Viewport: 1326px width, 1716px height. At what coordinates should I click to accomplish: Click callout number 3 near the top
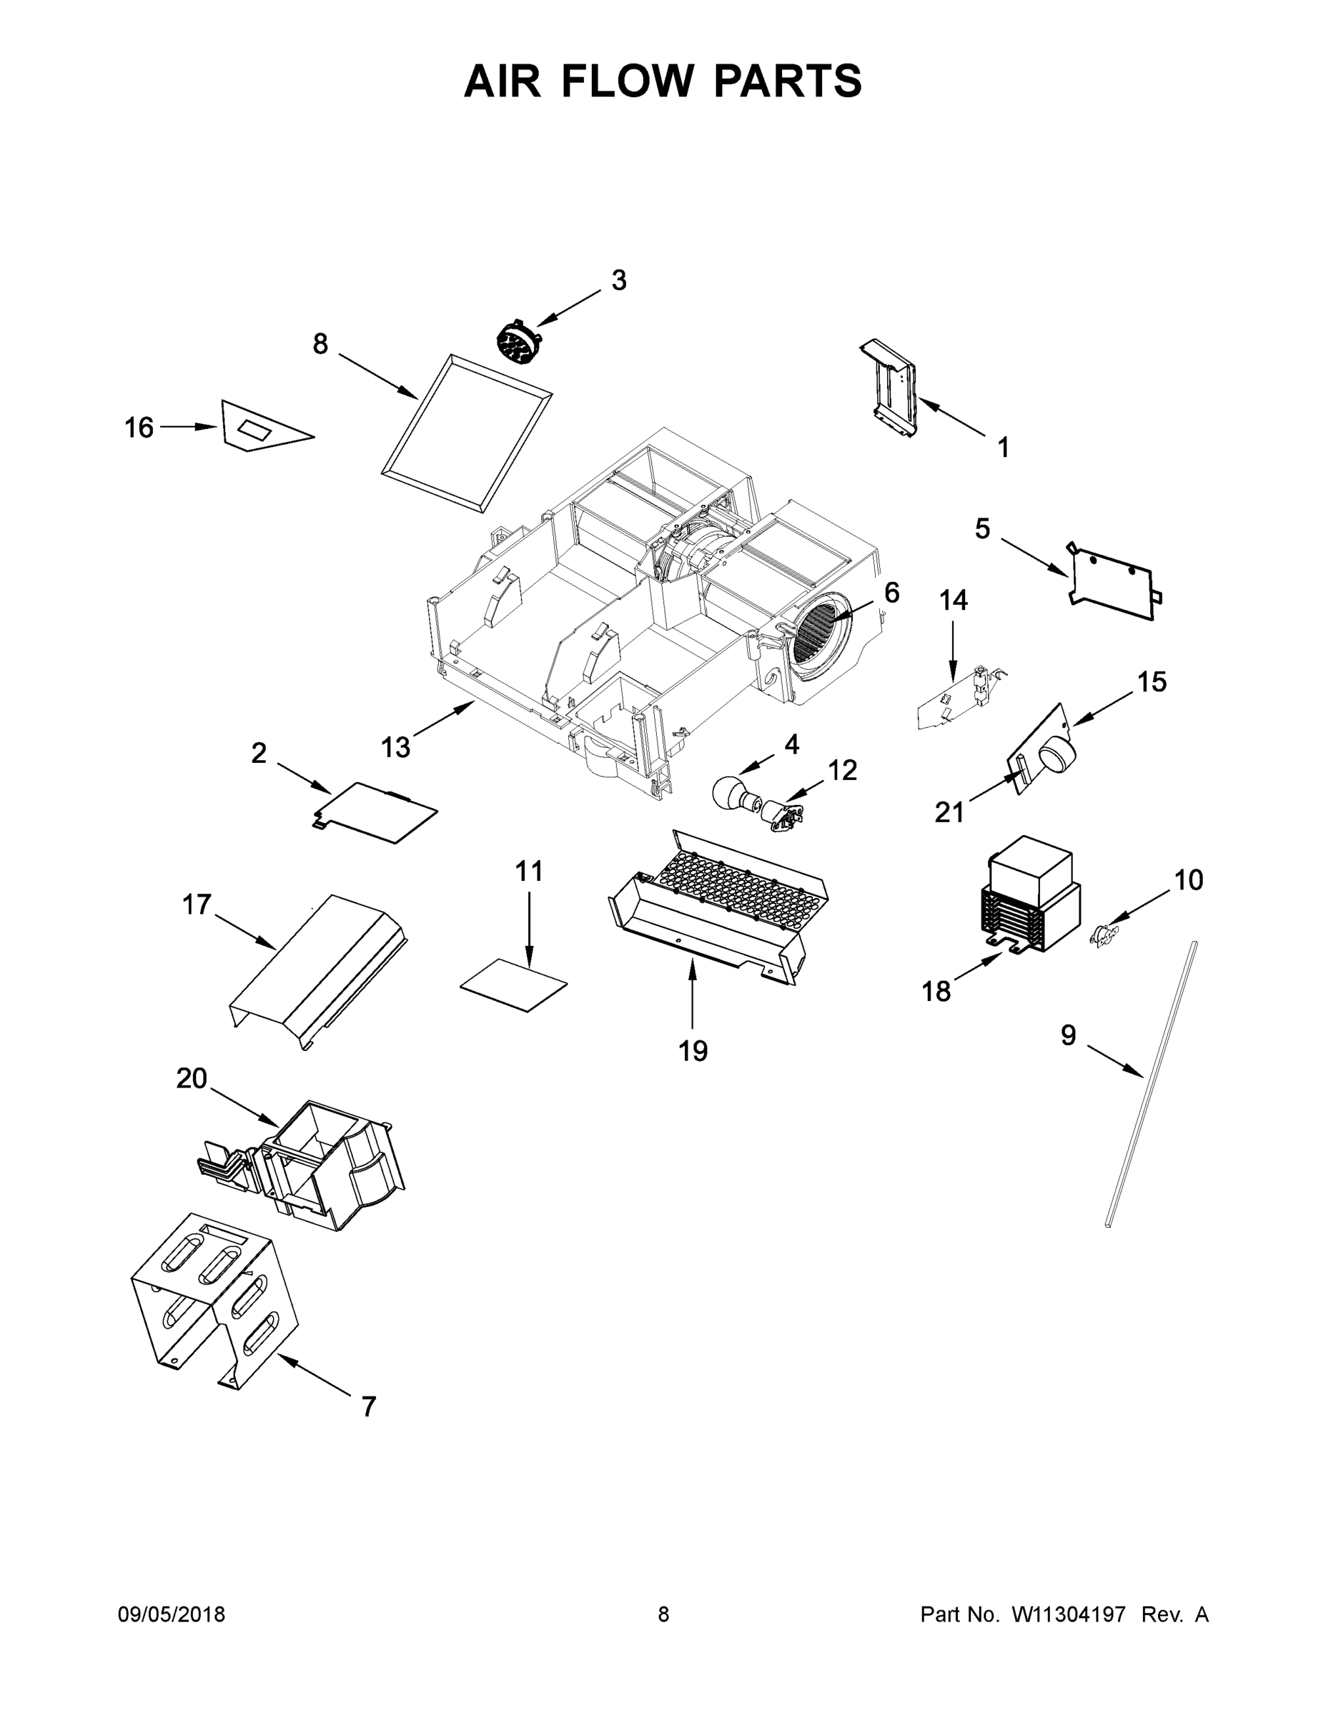point(619,280)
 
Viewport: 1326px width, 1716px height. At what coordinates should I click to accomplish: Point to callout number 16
point(139,428)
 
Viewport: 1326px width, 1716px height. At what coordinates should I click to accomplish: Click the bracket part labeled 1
point(891,390)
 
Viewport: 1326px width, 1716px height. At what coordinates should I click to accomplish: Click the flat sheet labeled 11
point(513,985)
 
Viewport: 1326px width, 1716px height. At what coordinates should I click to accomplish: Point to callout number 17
point(197,904)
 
